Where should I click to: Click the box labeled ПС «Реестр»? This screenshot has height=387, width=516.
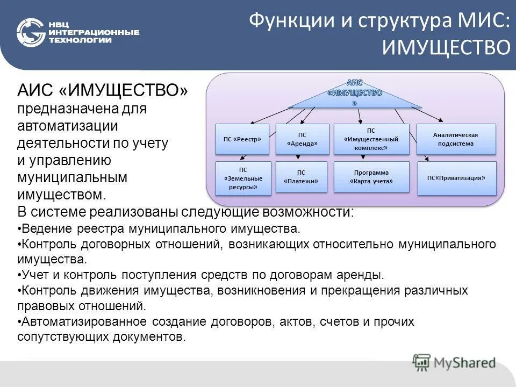click(x=242, y=139)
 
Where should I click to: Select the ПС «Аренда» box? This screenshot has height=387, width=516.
click(x=302, y=139)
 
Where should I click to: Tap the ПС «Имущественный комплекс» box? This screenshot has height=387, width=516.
click(x=371, y=139)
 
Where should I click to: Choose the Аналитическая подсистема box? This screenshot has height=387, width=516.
click(x=456, y=139)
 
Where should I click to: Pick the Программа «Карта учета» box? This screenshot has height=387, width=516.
click(x=371, y=177)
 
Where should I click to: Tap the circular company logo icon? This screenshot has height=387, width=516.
click(x=30, y=33)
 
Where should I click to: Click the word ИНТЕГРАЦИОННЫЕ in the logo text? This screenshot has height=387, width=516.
click(x=94, y=33)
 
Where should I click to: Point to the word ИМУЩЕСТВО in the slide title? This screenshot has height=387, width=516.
click(x=446, y=47)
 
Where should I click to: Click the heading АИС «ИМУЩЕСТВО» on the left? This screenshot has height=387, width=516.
click(x=103, y=90)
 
